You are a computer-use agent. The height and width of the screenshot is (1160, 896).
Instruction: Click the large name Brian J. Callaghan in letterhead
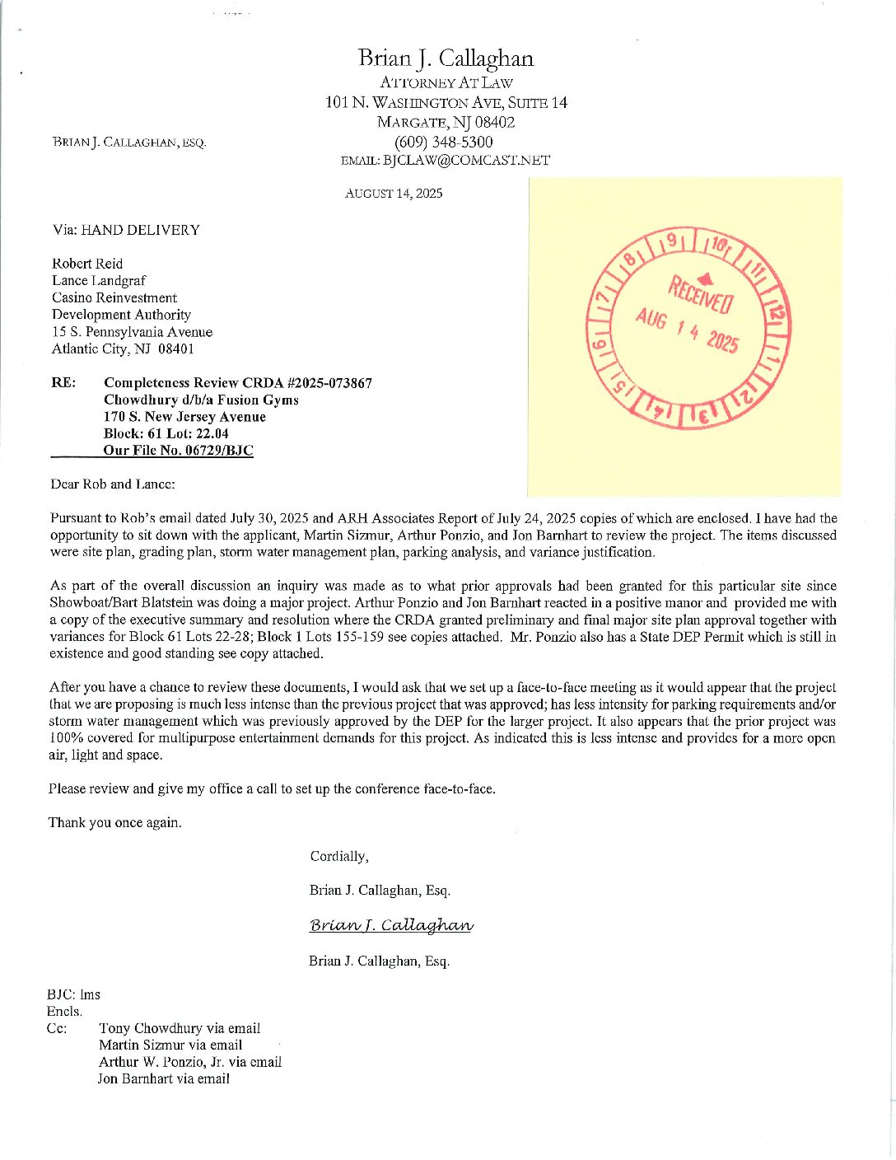click(446, 58)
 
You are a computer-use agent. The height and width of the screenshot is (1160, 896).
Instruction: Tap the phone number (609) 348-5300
click(446, 142)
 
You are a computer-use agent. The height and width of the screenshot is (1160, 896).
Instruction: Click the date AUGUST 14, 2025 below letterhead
click(393, 194)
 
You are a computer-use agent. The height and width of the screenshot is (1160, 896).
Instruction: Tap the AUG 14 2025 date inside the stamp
click(686, 329)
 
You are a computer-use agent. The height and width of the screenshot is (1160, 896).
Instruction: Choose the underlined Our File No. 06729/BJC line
click(178, 451)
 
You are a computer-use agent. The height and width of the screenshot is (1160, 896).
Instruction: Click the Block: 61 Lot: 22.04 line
click(166, 433)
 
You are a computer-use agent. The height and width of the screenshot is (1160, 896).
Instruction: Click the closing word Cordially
click(338, 856)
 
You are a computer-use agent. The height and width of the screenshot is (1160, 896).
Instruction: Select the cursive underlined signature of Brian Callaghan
click(391, 925)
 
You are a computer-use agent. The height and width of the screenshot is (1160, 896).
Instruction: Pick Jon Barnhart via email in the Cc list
click(164, 1078)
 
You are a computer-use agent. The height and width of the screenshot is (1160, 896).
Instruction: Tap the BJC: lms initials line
click(73, 994)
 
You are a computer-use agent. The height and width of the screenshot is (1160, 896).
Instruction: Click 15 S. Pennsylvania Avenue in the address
click(132, 332)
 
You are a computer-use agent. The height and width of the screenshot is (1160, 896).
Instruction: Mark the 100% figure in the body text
click(64, 738)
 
